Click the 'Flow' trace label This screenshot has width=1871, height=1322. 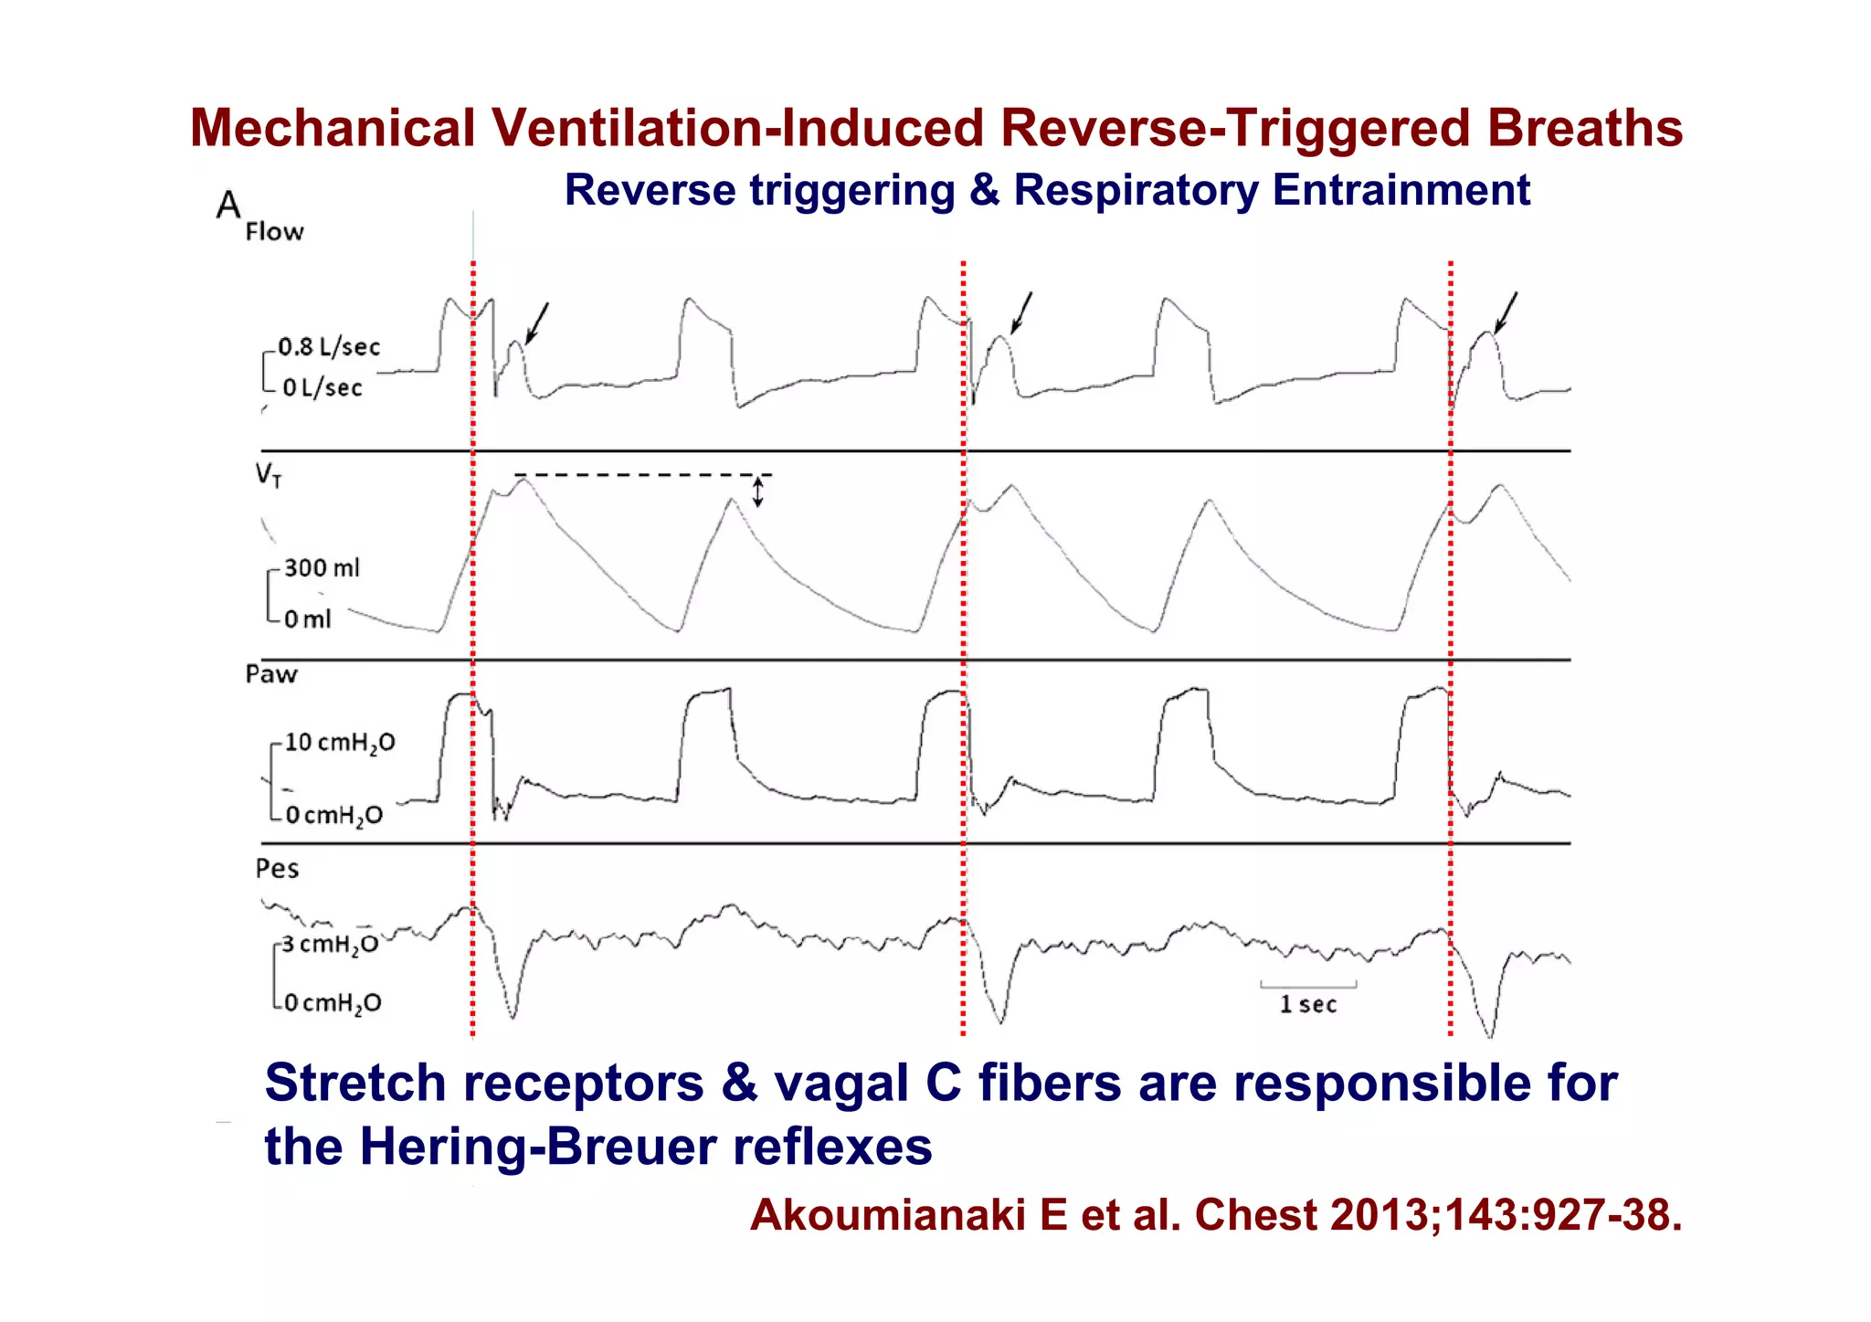274,232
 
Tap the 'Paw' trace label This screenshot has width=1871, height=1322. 271,675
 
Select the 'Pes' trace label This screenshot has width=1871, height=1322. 277,869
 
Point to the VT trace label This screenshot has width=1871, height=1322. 269,475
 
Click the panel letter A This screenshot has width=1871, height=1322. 228,205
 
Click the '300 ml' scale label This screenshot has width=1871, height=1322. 322,568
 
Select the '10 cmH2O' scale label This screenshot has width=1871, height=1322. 340,743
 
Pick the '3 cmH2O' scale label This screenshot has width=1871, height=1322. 329,945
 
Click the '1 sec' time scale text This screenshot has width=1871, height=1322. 1308,1005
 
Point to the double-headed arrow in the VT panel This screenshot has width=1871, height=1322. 757,492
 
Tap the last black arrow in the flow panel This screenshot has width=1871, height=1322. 1506,312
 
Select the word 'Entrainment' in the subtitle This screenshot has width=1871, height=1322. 1401,191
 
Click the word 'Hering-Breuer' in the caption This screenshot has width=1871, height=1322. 538,1147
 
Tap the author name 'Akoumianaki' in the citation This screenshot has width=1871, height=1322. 886,1216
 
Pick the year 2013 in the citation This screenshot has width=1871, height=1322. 1383,1216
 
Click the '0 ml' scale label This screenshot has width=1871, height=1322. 307,619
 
